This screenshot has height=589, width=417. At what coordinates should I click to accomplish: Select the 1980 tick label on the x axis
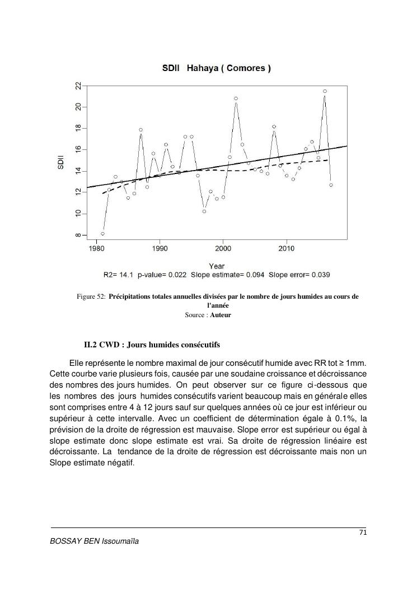coord(97,248)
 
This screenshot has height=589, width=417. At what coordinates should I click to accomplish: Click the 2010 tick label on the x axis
coord(287,248)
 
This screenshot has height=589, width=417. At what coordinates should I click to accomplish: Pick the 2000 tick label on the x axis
coord(223,248)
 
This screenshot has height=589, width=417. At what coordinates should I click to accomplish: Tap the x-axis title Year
coord(217,266)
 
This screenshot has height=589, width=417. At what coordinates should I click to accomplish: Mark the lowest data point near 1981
coord(102,234)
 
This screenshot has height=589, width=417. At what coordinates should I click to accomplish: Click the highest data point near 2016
coord(325,91)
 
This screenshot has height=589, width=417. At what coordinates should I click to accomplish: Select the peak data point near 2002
coord(236,98)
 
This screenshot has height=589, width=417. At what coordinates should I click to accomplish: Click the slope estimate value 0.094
coord(253,275)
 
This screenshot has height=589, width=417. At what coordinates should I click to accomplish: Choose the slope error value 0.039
coord(320,275)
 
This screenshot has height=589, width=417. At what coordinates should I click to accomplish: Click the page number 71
coord(362,533)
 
